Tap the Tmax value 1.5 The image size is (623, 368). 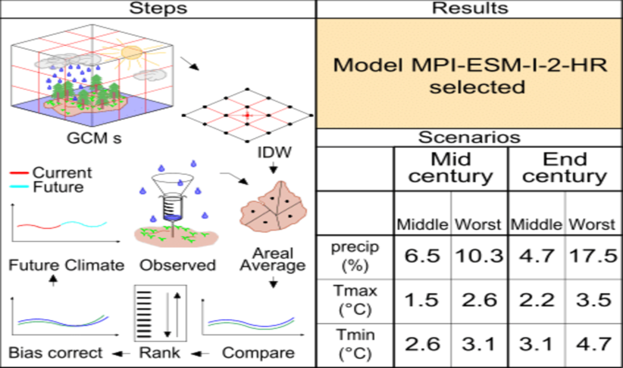(x=422, y=301)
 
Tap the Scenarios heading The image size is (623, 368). (x=469, y=138)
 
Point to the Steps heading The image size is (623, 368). (x=158, y=8)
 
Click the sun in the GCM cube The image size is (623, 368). (x=131, y=54)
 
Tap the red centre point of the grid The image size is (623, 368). (x=247, y=115)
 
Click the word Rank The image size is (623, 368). (x=160, y=353)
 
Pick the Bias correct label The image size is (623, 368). (x=56, y=353)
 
